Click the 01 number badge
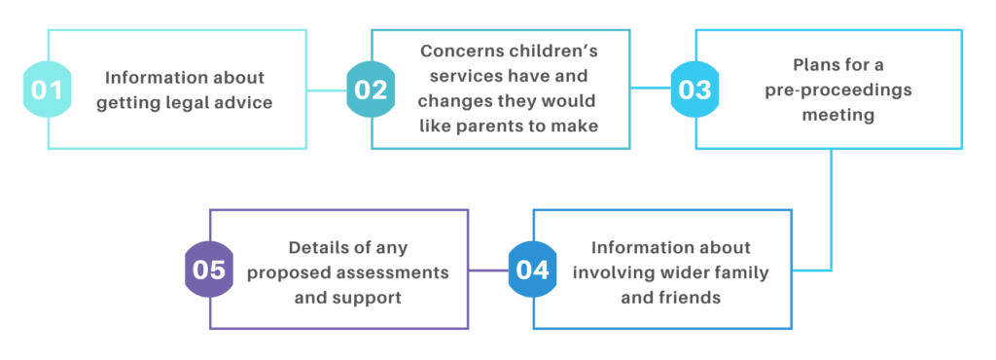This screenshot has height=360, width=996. [x=47, y=90]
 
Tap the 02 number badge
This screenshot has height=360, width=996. [x=371, y=90]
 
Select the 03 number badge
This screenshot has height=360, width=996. [x=694, y=90]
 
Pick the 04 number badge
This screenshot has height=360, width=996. [x=532, y=270]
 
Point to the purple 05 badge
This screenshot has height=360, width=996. [x=208, y=270]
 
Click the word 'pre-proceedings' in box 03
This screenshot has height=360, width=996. [x=830, y=90]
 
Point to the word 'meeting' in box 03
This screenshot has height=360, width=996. [x=830, y=115]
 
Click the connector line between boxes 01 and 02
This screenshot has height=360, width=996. [x=328, y=90]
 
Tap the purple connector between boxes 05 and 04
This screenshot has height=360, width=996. [x=489, y=270]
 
